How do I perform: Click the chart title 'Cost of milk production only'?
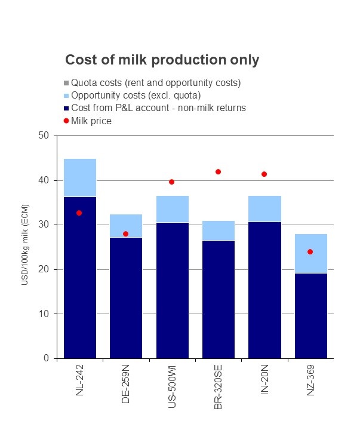point(162,60)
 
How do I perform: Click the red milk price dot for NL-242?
point(79,213)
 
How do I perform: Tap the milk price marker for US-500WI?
point(172,182)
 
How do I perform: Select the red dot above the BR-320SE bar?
point(218,171)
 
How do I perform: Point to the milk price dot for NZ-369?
point(310,251)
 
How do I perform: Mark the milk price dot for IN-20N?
point(264,174)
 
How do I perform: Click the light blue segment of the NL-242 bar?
point(79,177)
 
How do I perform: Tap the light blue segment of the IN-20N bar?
point(264,208)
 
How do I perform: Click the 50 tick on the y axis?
point(43,136)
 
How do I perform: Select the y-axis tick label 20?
point(43,269)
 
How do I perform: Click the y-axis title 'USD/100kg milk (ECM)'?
point(24,247)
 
